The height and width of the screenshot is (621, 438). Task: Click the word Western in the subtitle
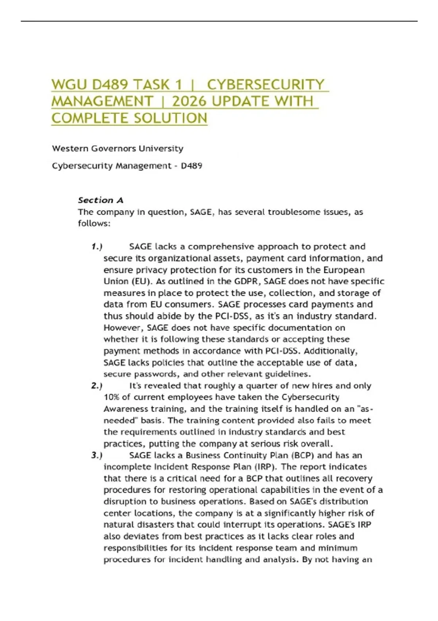(x=70, y=148)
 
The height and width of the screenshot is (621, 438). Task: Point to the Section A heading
(x=100, y=200)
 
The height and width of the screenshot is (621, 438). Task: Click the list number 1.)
(x=96, y=247)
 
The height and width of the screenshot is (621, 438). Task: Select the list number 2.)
(x=96, y=386)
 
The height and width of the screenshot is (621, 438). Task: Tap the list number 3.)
(x=96, y=455)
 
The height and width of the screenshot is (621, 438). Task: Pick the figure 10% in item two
(x=112, y=397)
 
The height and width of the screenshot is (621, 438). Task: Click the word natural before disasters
(x=118, y=525)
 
